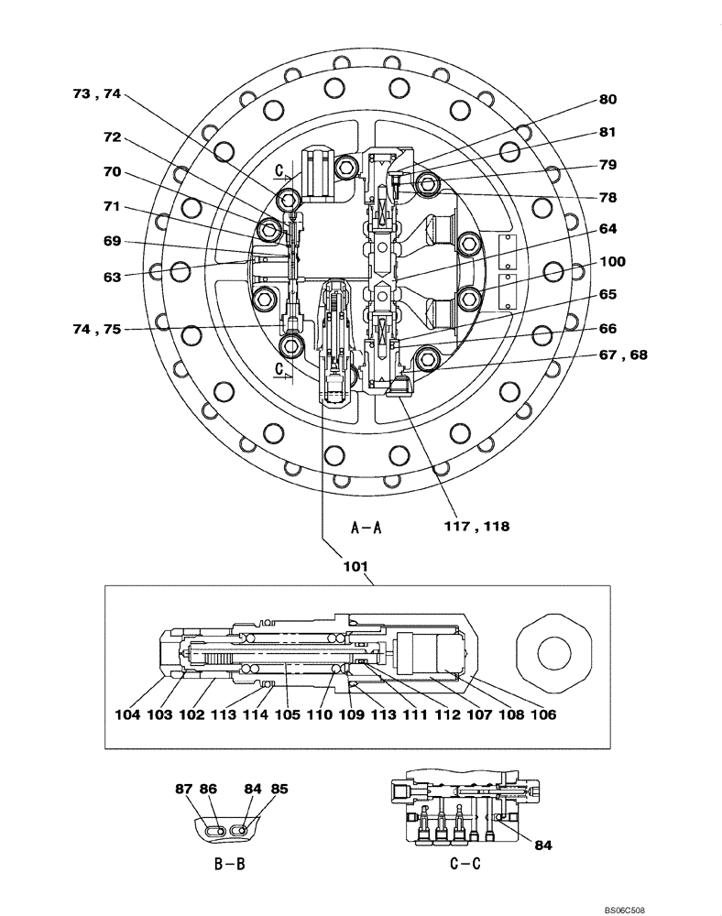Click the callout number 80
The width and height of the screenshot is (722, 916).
pos(608,100)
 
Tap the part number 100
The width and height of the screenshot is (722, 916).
pos(613,262)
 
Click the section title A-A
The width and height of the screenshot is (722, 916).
pos(366,527)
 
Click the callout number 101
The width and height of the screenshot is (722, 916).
pos(356,564)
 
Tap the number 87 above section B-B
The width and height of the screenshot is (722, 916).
pos(183,787)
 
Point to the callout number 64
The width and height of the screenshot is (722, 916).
pos(608,228)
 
